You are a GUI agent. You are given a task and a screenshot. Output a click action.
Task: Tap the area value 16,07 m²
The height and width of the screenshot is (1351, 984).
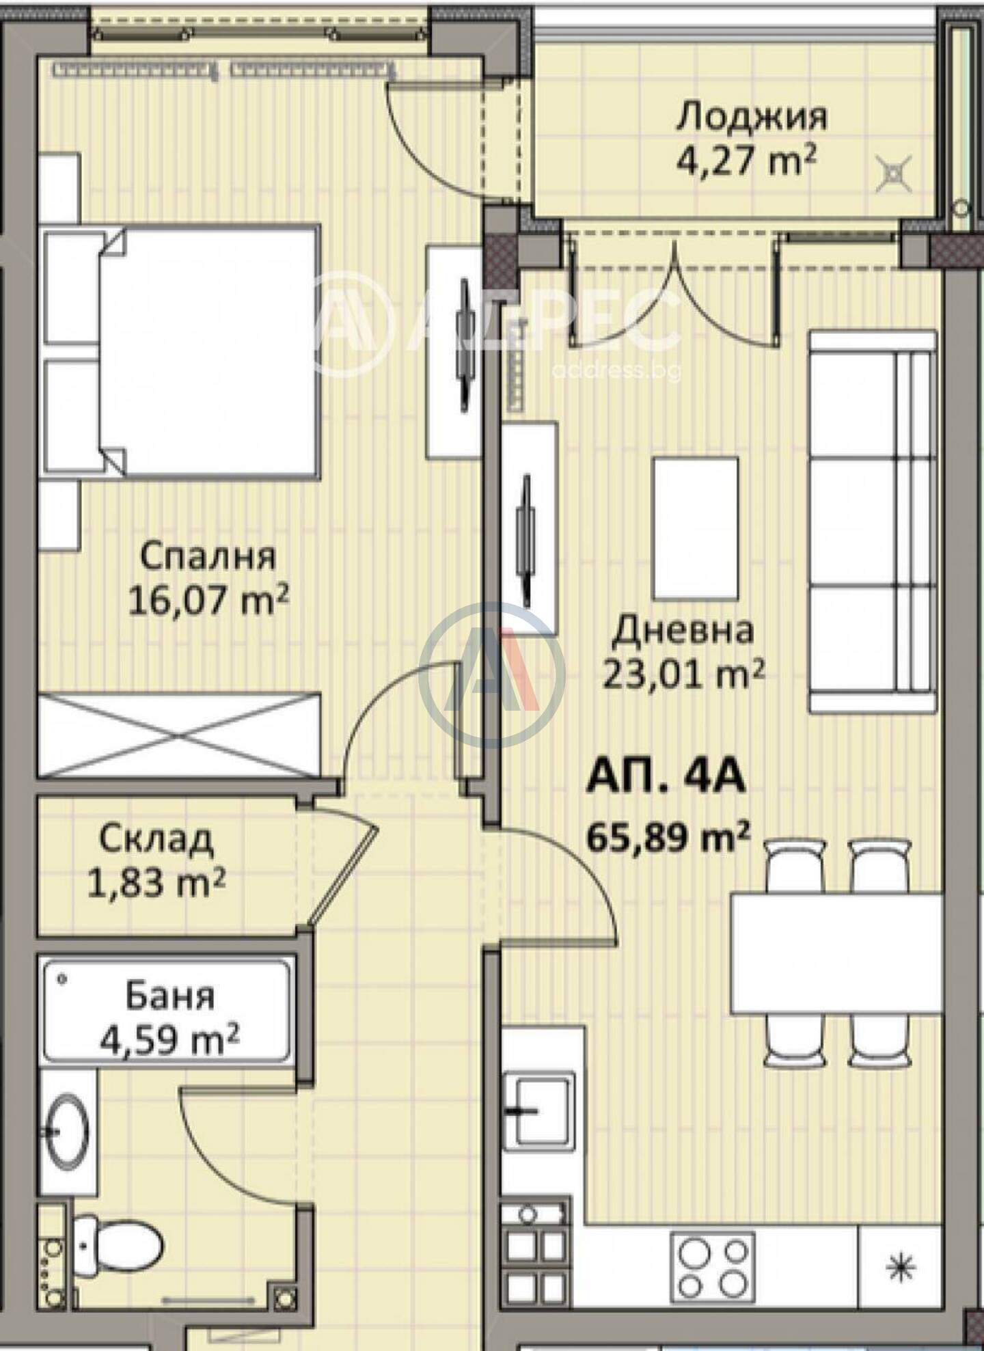[209, 602]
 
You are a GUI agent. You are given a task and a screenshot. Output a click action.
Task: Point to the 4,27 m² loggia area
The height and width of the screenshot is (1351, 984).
[746, 161]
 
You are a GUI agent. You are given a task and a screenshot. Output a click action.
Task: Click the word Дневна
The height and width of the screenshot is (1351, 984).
[683, 629]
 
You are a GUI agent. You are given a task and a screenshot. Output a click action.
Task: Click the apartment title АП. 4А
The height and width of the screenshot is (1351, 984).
[666, 778]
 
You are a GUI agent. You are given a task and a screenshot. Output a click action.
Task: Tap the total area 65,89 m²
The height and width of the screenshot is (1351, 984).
[669, 836]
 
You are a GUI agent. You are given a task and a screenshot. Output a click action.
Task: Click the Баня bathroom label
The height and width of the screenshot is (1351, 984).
[169, 997]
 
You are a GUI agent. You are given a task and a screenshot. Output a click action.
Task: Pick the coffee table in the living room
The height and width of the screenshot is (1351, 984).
[696, 528]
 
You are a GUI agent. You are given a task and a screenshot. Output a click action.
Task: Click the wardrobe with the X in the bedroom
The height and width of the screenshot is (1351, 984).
[179, 735]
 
